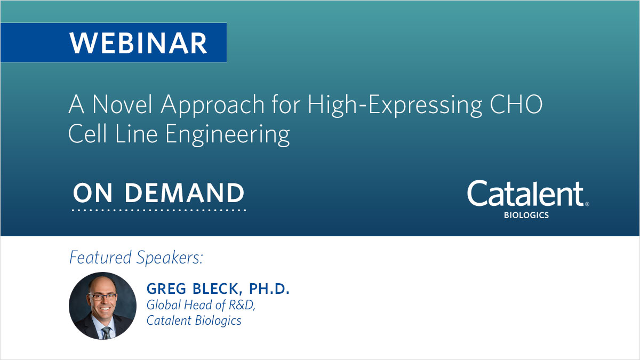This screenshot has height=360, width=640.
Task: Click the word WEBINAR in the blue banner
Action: click(138, 43)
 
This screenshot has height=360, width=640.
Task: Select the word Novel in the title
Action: click(123, 106)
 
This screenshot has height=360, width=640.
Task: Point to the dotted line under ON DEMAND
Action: click(159, 211)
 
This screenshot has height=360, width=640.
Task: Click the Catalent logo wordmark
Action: click(525, 195)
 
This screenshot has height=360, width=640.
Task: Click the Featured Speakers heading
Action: click(137, 258)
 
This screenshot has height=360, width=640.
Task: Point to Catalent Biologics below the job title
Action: click(194, 321)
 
